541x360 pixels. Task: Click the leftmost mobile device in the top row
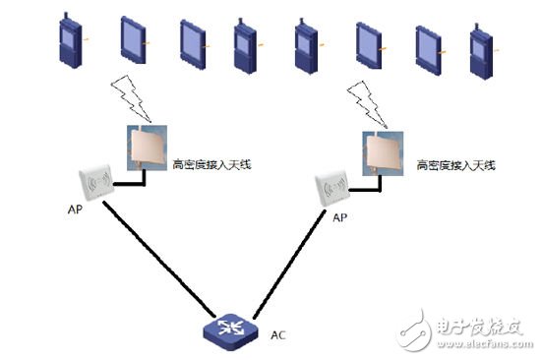coord(72,42)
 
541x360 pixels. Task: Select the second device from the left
coord(132,42)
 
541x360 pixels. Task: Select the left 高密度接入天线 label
coord(211,164)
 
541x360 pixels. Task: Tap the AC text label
coord(278,334)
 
